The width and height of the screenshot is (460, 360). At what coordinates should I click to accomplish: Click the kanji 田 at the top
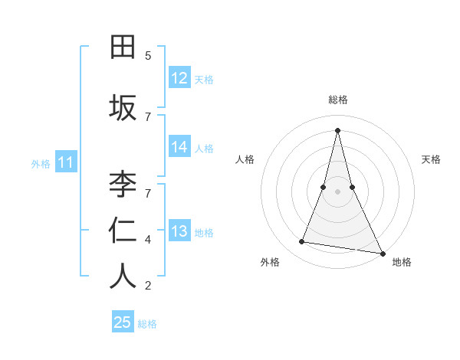[123, 47]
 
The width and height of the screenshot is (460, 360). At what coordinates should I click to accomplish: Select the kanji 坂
[123, 107]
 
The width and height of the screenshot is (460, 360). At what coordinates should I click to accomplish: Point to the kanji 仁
[123, 230]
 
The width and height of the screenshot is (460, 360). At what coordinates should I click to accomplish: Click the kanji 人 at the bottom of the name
[123, 276]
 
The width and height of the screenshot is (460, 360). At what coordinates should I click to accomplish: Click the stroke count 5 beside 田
[148, 56]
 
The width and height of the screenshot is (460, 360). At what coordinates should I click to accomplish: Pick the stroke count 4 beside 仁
[148, 240]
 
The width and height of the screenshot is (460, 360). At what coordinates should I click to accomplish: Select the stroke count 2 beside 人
[148, 286]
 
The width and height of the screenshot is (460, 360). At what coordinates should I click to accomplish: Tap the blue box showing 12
[179, 78]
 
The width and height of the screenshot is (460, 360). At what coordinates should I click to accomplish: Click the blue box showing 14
[179, 147]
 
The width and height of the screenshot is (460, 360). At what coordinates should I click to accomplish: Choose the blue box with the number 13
[179, 231]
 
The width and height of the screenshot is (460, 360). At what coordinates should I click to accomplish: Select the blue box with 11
[65, 162]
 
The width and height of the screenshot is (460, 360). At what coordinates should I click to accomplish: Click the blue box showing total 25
[123, 322]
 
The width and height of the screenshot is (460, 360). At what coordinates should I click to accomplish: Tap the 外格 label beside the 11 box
[41, 163]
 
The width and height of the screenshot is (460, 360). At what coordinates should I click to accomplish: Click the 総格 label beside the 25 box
[147, 323]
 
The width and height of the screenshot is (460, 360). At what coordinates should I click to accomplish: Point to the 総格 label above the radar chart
[337, 100]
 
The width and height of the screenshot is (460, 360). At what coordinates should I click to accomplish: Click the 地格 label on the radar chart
[402, 262]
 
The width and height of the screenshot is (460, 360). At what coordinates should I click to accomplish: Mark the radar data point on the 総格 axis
[337, 129]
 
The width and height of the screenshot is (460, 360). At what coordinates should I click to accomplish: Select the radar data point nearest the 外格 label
[302, 242]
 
